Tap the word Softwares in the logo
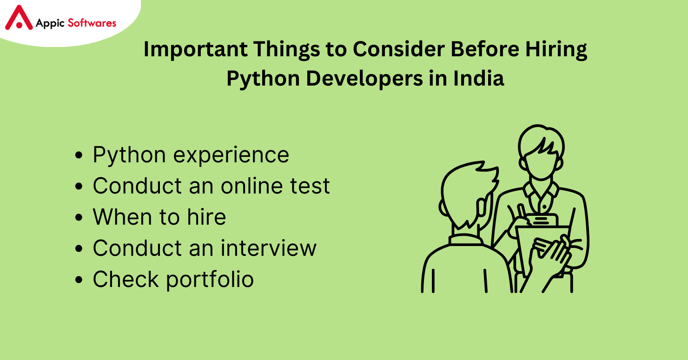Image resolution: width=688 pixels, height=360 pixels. (x=92, y=23)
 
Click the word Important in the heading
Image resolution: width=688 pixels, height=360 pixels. (x=195, y=49)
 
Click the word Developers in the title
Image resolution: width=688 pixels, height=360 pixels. (x=364, y=79)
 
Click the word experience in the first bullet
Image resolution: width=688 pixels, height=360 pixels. (x=231, y=156)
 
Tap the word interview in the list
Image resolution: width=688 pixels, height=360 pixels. (x=268, y=248)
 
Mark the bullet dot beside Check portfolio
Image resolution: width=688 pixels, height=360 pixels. (x=79, y=280)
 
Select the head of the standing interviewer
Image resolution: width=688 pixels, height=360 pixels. (x=541, y=153)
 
